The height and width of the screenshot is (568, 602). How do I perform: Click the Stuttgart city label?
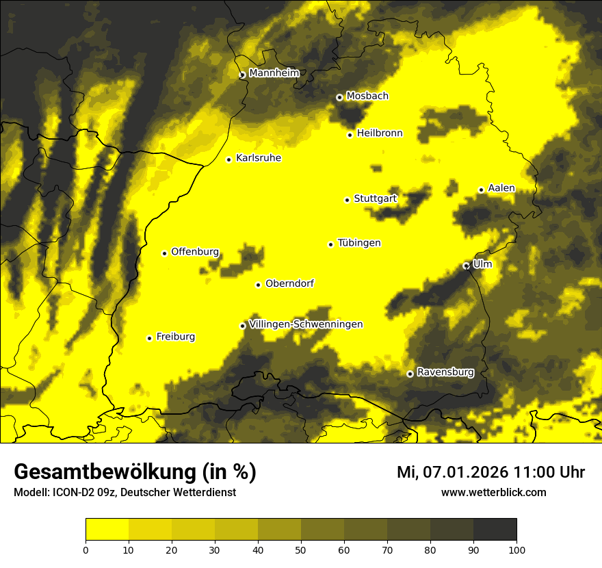[x=376, y=199]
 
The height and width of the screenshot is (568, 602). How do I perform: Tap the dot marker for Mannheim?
[x=242, y=75]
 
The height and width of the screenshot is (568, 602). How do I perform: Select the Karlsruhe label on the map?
[x=259, y=158]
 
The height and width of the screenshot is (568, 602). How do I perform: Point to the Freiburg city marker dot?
[x=149, y=338]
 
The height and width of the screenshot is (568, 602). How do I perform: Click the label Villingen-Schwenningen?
[x=306, y=324]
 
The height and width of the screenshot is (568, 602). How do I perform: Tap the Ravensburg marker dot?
[x=410, y=374]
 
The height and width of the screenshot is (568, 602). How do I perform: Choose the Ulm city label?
[x=482, y=264]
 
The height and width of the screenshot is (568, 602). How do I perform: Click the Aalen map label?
[x=501, y=188]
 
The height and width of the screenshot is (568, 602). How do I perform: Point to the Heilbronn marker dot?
[x=350, y=135]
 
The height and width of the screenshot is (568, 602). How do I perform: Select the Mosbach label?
[x=367, y=96]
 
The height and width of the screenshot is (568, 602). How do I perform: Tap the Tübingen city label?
[x=359, y=243]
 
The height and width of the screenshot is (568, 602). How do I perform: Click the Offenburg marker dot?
[x=164, y=253]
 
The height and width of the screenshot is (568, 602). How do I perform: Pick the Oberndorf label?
[x=289, y=283]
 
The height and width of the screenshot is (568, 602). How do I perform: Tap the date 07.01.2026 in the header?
[x=465, y=472]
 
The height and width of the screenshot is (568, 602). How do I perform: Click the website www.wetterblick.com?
[x=493, y=493]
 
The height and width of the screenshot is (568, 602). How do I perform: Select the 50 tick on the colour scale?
[x=301, y=550]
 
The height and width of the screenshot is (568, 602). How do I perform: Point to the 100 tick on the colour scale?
[x=516, y=550]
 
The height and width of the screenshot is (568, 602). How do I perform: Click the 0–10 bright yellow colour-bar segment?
[x=107, y=530]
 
